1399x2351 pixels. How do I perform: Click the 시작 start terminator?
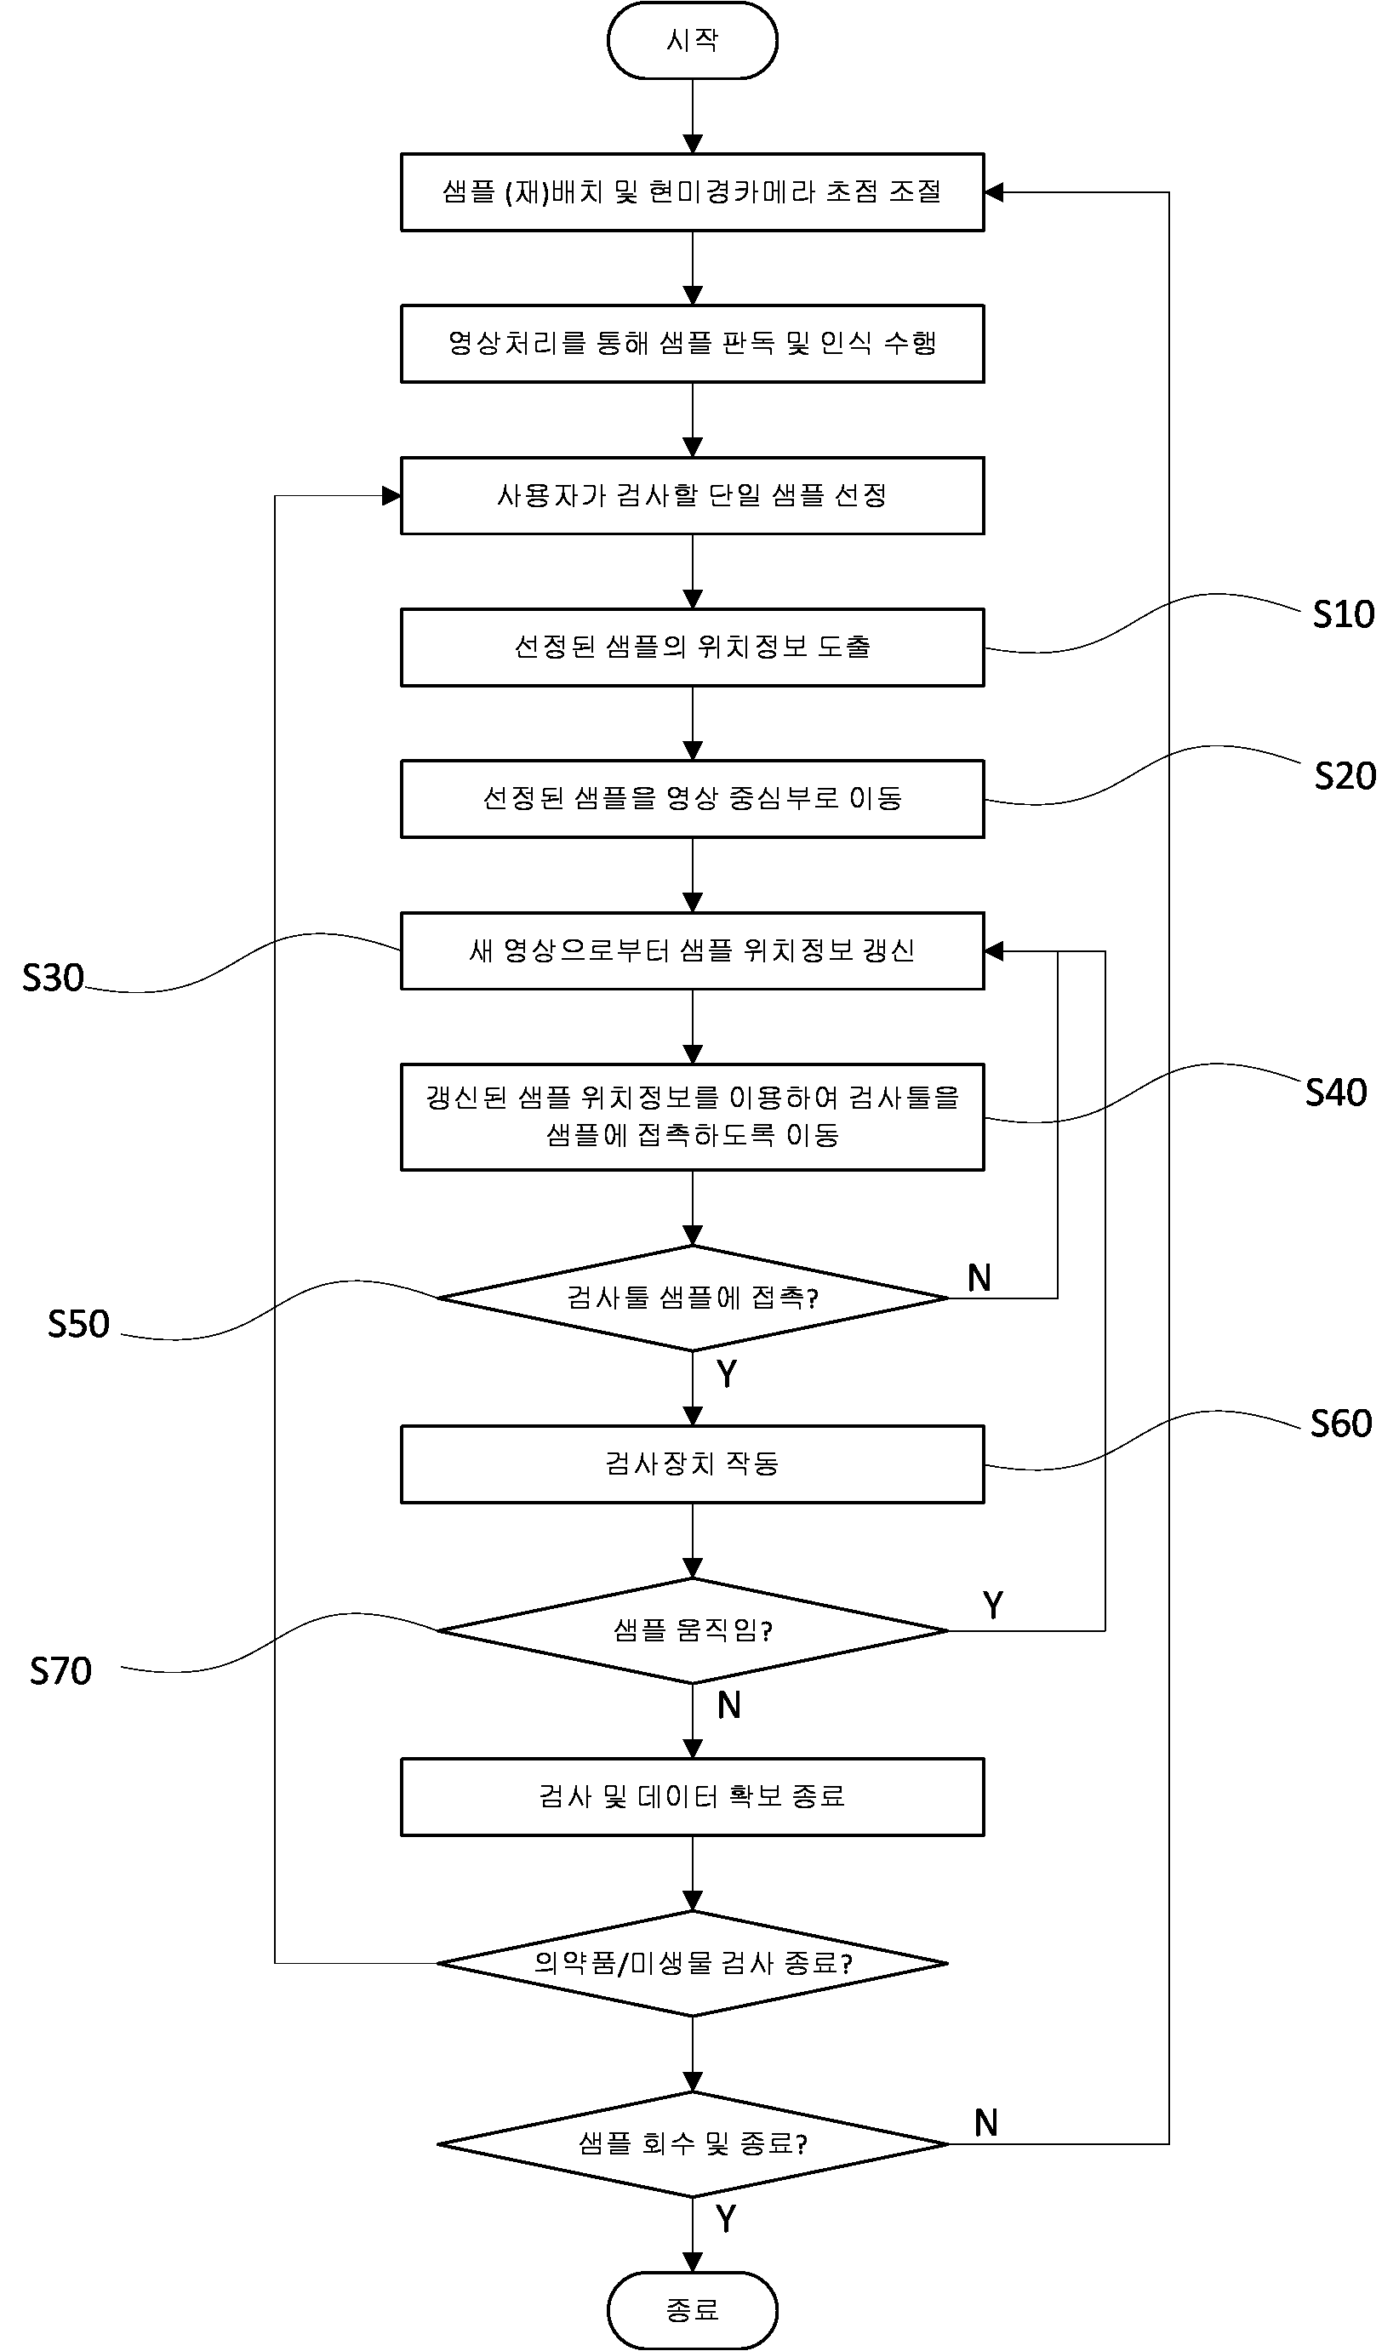click(x=692, y=41)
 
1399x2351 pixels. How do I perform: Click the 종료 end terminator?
click(x=692, y=2309)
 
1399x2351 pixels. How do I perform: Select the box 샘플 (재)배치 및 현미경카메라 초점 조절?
click(x=692, y=192)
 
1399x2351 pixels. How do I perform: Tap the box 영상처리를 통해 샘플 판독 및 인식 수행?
click(x=692, y=343)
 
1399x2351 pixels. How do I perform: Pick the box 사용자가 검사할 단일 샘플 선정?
click(x=692, y=496)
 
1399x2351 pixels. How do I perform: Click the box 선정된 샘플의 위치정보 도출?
click(x=692, y=648)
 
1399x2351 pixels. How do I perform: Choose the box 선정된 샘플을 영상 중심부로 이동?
click(x=692, y=799)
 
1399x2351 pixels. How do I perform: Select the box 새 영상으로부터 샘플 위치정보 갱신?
click(x=692, y=951)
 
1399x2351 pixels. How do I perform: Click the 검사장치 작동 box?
click(x=692, y=1464)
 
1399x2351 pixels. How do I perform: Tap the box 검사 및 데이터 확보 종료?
click(x=692, y=1797)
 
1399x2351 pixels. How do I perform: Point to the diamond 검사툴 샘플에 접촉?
click(x=692, y=1298)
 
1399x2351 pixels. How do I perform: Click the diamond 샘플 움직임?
click(x=692, y=1631)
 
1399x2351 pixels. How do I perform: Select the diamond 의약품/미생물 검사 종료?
click(x=692, y=1964)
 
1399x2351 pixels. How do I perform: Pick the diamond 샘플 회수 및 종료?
click(x=692, y=2144)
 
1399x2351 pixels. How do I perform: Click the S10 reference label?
click(x=1344, y=614)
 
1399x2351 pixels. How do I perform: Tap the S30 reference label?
click(x=53, y=979)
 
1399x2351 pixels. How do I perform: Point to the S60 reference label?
click(x=1340, y=1424)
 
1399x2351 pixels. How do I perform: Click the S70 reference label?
click(x=60, y=1671)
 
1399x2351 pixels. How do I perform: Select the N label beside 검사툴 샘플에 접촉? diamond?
click(x=979, y=1278)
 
